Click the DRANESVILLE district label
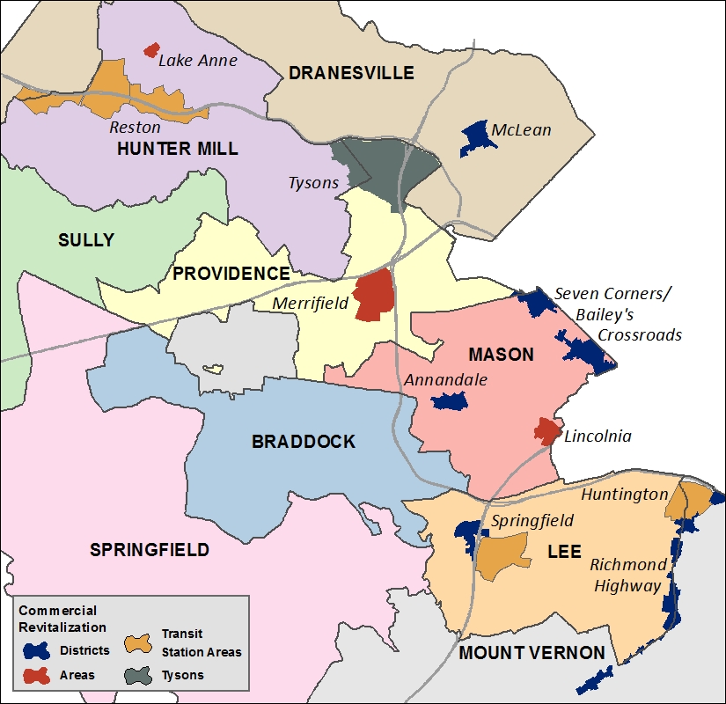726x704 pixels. tap(351, 73)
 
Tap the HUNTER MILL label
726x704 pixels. tap(177, 149)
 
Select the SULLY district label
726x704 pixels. tap(86, 240)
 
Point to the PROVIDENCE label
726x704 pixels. tap(231, 274)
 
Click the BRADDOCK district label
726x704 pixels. tap(304, 442)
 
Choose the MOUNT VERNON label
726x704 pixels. tap(532, 653)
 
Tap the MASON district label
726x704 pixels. tap(501, 355)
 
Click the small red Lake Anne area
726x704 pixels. tap(151, 50)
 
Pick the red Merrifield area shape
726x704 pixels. tap(374, 296)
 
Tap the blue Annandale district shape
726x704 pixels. tap(450, 401)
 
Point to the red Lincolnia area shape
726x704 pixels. tap(546, 431)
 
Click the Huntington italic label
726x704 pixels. tap(624, 495)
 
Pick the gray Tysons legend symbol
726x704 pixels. tap(138, 675)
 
